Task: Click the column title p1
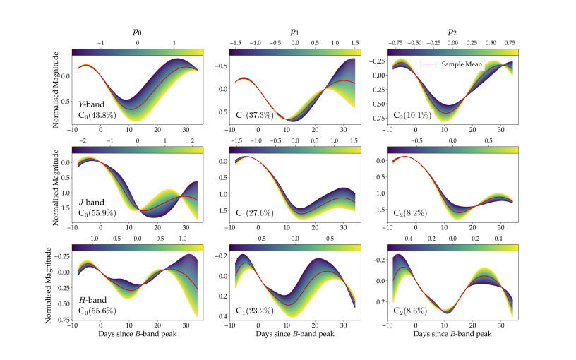[295, 32]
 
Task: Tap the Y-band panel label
[91, 104]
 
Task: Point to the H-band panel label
[92, 300]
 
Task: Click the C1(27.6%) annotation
[256, 213]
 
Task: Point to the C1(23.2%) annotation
[256, 311]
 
